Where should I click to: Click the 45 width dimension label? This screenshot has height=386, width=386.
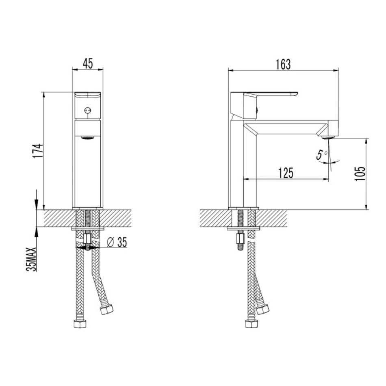click(88, 64)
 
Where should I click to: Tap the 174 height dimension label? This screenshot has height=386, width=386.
click(39, 151)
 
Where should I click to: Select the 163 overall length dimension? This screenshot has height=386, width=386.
click(283, 65)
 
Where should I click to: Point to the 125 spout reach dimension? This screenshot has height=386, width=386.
click(286, 173)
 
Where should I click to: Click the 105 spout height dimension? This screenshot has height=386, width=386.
click(360, 173)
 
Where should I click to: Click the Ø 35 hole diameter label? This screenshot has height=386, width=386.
click(117, 242)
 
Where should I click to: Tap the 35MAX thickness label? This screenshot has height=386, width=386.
click(31, 259)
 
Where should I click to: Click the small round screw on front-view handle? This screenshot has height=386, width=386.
click(87, 111)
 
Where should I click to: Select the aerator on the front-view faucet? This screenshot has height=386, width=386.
click(88, 137)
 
